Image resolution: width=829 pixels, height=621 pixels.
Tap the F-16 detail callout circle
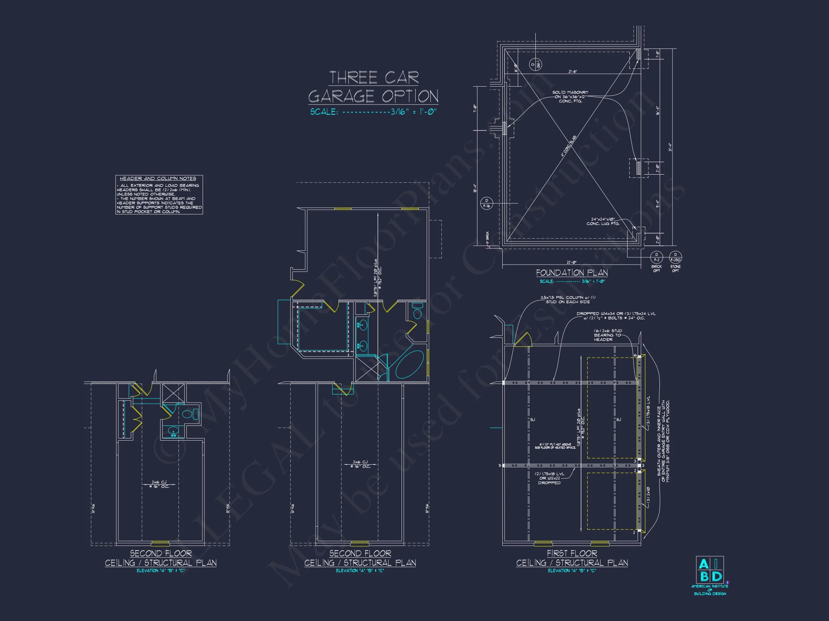click(486, 203)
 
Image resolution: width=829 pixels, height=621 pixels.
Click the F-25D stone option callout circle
click(675, 258)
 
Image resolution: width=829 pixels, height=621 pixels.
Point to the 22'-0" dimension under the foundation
click(571, 262)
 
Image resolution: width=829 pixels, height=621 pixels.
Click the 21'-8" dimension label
click(572, 72)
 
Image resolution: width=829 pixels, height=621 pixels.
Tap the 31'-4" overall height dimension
click(670, 147)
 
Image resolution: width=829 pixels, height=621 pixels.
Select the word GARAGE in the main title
click(341, 97)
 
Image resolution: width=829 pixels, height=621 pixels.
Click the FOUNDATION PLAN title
click(572, 273)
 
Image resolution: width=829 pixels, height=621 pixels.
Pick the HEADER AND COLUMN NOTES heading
click(158, 179)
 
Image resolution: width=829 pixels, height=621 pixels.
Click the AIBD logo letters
click(710, 570)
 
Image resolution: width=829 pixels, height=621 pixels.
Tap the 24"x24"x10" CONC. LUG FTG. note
click(603, 222)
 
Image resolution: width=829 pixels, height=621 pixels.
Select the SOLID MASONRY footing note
click(570, 97)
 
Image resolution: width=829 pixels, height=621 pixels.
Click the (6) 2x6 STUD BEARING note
click(607, 335)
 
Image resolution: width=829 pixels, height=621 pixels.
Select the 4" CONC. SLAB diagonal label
click(568, 146)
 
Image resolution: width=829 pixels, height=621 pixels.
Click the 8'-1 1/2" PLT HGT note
click(555, 446)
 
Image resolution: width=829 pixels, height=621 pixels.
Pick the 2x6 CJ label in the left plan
click(159, 484)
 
